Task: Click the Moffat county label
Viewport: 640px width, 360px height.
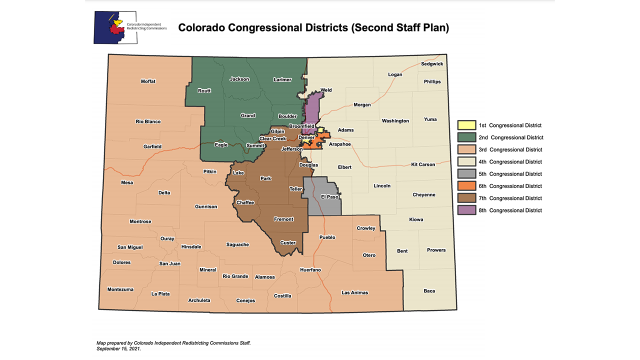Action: (x=148, y=81)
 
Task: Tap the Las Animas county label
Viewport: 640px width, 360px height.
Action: (x=354, y=292)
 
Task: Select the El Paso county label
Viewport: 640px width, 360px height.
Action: (x=329, y=196)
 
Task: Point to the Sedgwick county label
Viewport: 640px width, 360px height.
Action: (x=431, y=64)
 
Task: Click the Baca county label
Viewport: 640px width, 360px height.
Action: (x=429, y=291)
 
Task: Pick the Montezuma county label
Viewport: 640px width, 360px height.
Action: (x=120, y=289)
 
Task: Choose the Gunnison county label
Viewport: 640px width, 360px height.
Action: (x=206, y=206)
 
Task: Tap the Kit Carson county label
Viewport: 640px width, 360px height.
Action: (x=423, y=164)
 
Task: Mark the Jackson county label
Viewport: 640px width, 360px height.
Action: (x=239, y=79)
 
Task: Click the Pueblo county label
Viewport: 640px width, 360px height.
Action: (x=327, y=237)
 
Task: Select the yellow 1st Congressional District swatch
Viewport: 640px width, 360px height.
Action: (x=466, y=125)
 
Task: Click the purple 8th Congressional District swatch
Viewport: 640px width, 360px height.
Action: (x=466, y=210)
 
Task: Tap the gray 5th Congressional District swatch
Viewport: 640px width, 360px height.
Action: (x=466, y=174)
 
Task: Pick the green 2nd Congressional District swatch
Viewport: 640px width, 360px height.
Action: (x=466, y=137)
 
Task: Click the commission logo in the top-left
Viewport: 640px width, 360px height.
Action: (x=130, y=27)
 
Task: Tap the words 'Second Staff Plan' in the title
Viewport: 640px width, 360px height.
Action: (x=400, y=28)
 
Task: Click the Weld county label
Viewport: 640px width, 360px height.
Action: (x=326, y=90)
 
